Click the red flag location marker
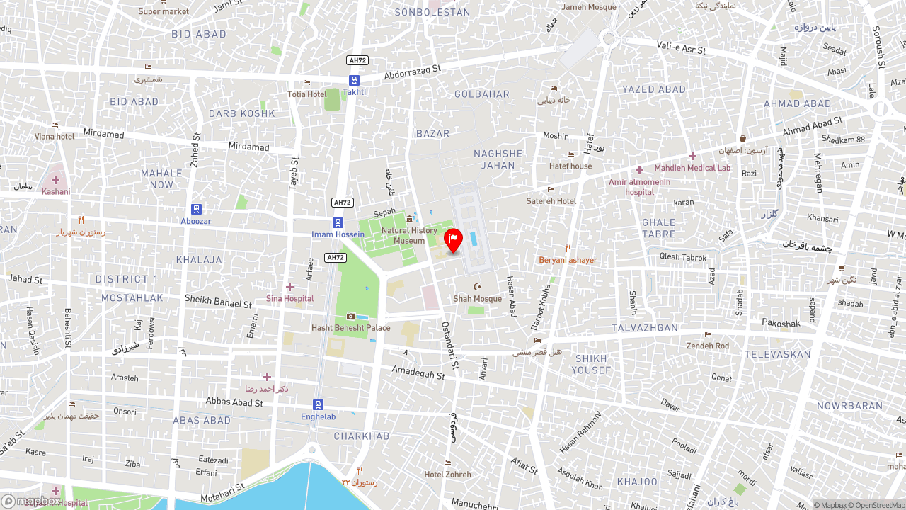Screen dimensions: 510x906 pyautogui.click(x=453, y=240)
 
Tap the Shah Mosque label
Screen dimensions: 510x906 pyautogui.click(x=477, y=298)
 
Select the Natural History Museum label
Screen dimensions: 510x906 pyautogui.click(x=409, y=235)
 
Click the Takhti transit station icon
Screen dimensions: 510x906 pyautogui.click(x=354, y=80)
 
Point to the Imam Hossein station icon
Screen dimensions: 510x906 pyautogui.click(x=338, y=222)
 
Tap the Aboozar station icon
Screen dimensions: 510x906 pyautogui.click(x=196, y=209)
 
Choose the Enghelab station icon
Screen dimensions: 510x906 pyautogui.click(x=319, y=404)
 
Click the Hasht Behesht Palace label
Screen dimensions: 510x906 pyautogui.click(x=350, y=327)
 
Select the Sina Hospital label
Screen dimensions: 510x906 pyautogui.click(x=289, y=298)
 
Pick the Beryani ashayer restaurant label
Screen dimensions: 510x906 pyautogui.click(x=568, y=260)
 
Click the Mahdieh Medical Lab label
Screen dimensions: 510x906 pyautogui.click(x=692, y=168)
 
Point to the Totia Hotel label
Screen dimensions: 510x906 pyautogui.click(x=306, y=93)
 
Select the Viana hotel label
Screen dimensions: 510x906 pyautogui.click(x=55, y=136)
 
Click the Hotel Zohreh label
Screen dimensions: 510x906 pyautogui.click(x=447, y=474)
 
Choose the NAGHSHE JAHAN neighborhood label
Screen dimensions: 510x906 pyautogui.click(x=498, y=159)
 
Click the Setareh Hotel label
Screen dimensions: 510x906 pyautogui.click(x=551, y=200)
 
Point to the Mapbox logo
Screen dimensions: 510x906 pyautogui.click(x=32, y=501)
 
